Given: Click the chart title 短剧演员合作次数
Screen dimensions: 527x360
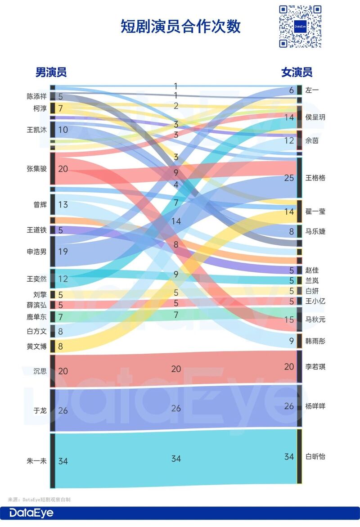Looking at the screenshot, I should click(180, 27).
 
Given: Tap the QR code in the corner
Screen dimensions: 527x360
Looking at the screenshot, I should click(300, 26).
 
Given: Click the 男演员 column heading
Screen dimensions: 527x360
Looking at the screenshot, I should click(51, 72).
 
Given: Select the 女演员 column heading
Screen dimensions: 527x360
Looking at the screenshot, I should click(297, 72).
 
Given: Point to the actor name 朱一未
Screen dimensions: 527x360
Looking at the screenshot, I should click(37, 461).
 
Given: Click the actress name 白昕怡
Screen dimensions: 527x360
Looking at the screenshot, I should click(315, 456).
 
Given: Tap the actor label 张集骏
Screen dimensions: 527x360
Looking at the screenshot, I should click(36, 169).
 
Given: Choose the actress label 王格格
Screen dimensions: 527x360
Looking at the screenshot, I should click(315, 178).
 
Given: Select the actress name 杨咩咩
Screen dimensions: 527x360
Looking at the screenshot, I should click(315, 406).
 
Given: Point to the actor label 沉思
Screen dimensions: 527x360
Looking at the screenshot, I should click(40, 371).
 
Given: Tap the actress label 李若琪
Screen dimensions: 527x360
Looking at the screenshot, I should click(315, 367).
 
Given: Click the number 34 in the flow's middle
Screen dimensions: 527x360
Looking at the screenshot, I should click(176, 459).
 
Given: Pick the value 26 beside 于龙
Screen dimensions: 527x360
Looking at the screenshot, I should click(63, 410).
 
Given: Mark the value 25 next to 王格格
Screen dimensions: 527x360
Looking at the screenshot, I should click(288, 178).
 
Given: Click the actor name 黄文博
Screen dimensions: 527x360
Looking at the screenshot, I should click(36, 347).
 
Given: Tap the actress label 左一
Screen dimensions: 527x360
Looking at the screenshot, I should click(312, 90).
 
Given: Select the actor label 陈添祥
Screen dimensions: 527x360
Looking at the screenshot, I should click(36, 96).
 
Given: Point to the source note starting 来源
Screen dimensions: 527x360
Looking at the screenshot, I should click(39, 500).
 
